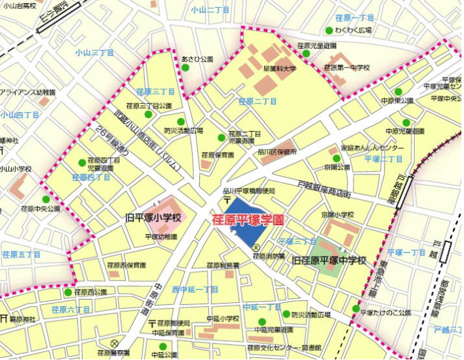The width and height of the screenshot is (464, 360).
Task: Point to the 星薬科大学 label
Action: click(x=280, y=68)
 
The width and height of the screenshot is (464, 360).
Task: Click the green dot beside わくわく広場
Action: click(x=328, y=30)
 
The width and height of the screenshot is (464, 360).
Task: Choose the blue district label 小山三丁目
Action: click(x=94, y=52)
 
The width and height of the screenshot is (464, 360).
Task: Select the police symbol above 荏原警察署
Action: click(x=114, y=343)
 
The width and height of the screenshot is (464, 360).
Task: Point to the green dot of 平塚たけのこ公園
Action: click(x=356, y=309)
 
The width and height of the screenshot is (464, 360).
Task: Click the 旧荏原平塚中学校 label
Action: click(x=328, y=261)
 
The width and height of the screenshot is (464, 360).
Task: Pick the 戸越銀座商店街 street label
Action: click(x=324, y=190)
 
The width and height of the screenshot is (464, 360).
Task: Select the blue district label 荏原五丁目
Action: click(x=20, y=254)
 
